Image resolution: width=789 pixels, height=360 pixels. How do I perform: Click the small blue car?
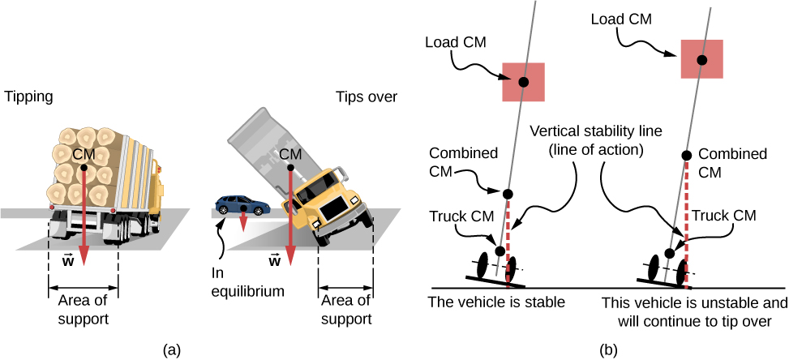click(241, 205)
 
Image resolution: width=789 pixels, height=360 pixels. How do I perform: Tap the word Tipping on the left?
click(29, 96)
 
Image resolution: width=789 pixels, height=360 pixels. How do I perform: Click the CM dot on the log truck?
click(84, 168)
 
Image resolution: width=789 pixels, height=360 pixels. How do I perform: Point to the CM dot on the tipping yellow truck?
click(290, 168)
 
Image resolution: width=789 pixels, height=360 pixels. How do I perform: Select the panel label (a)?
click(172, 349)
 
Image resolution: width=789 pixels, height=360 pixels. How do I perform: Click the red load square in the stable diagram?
click(524, 82)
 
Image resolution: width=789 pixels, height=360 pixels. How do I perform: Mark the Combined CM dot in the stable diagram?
click(508, 193)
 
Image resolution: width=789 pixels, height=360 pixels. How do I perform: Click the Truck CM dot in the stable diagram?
click(500, 251)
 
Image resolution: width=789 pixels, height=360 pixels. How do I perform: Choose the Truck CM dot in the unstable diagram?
click(670, 254)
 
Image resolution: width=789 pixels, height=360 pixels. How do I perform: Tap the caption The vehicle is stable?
click(494, 303)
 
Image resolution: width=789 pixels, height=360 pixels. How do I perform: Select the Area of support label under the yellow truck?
click(346, 310)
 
